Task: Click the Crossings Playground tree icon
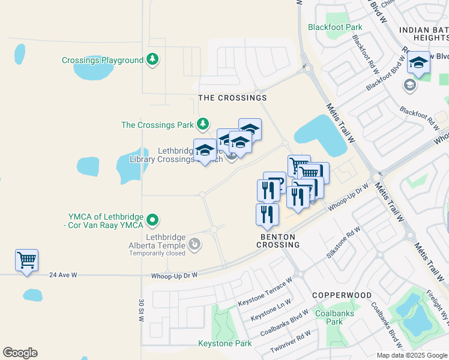153,59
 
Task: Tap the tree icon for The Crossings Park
203,124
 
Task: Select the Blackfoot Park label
335,27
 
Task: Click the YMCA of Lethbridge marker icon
153,220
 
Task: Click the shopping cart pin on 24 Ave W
26,260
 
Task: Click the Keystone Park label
225,344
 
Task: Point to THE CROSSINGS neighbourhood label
232,97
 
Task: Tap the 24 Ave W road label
64,275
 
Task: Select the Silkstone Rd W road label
343,242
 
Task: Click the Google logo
20,353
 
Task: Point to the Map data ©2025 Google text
411,355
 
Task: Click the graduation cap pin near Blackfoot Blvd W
418,62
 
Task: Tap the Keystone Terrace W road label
265,292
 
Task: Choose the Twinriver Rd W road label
291,341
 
